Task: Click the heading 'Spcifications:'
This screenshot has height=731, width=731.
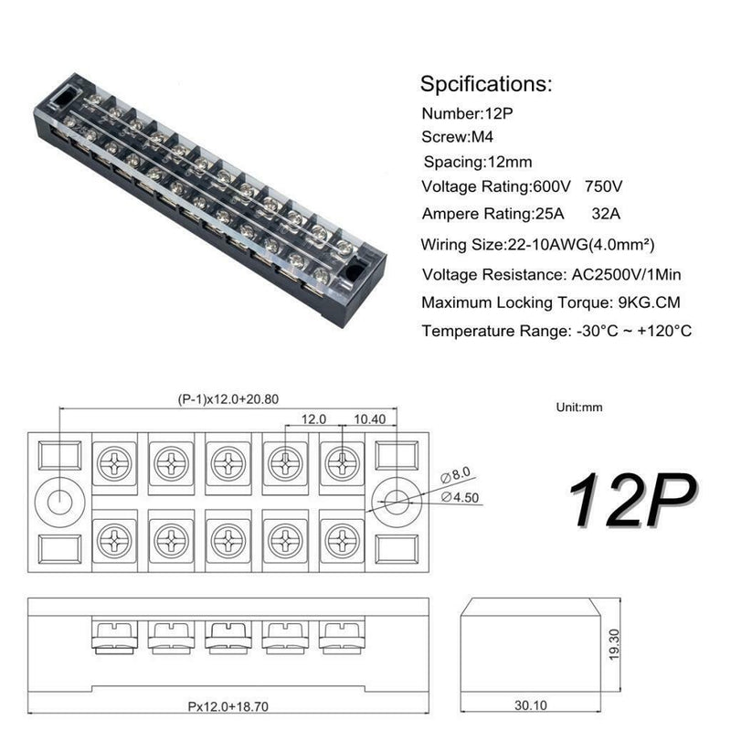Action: (x=486, y=85)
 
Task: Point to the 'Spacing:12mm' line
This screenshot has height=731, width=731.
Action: (x=478, y=163)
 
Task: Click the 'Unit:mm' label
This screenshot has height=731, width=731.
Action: (x=579, y=408)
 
